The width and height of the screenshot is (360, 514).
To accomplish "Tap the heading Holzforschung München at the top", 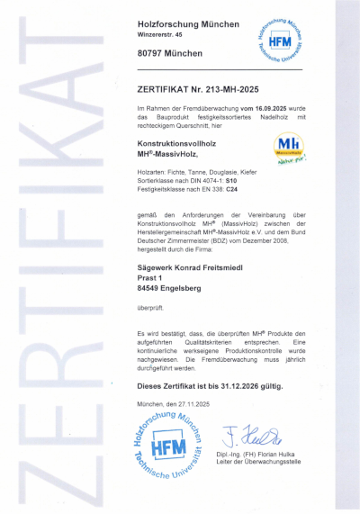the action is (x=188, y=23).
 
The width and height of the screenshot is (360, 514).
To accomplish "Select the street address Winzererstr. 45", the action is (x=166, y=35).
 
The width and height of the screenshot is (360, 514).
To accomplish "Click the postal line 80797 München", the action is (x=170, y=53).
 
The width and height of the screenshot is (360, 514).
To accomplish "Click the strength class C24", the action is (x=232, y=189).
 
